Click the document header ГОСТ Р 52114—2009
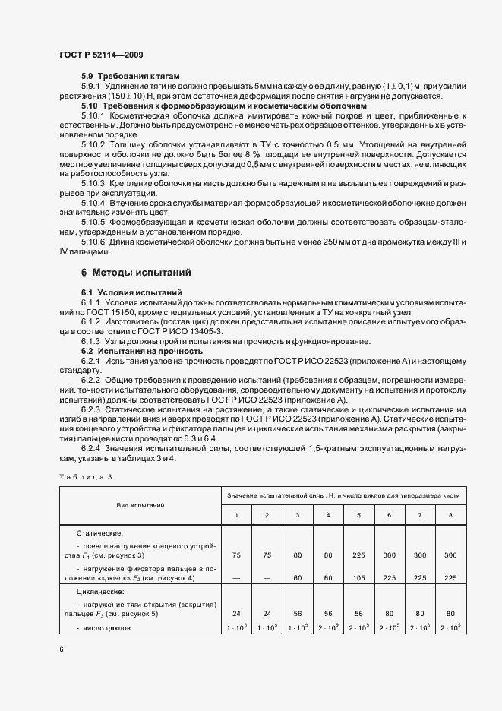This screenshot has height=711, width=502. click(x=101, y=55)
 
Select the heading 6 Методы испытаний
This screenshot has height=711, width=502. click(x=137, y=272)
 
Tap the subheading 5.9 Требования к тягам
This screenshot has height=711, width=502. click(x=130, y=77)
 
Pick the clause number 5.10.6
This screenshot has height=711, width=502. click(x=93, y=242)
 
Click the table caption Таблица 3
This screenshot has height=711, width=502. click(x=85, y=476)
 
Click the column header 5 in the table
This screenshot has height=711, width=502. click(x=358, y=516)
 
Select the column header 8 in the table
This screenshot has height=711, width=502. click(x=450, y=516)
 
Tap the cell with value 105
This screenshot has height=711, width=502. click(x=358, y=577)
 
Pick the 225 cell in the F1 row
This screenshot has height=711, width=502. click(x=358, y=555)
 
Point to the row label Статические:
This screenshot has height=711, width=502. click(x=99, y=534)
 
